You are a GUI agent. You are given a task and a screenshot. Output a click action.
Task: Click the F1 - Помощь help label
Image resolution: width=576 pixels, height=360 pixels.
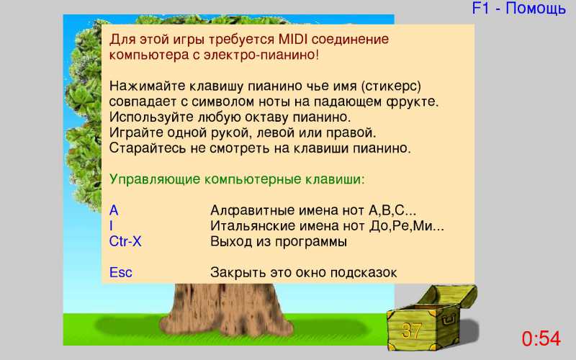[518, 8]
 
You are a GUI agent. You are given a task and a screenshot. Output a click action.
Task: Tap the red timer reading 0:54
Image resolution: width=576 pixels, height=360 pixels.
[541, 338]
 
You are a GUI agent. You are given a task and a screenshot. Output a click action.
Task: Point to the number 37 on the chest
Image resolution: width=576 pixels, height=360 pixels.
[411, 330]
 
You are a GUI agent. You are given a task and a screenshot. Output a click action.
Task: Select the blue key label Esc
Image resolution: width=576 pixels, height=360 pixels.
[120, 273]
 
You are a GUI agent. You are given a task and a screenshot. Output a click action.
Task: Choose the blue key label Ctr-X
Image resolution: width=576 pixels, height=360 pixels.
[125, 241]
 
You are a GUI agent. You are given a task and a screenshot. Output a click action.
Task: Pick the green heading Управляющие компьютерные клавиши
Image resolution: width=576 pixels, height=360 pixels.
[237, 179]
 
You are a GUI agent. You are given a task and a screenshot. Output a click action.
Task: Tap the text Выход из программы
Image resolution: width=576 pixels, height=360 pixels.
[279, 242]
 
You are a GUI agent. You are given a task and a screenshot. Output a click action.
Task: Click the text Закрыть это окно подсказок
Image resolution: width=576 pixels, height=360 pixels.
[303, 273]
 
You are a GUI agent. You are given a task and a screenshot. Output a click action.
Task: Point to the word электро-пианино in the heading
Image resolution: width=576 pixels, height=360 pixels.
[261, 55]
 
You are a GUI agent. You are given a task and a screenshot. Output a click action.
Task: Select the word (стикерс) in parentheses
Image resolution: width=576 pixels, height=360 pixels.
[391, 86]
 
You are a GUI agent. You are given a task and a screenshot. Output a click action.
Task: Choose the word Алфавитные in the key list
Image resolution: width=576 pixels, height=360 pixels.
[251, 210]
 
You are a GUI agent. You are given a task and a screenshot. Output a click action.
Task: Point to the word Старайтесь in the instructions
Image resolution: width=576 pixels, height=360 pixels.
[148, 148]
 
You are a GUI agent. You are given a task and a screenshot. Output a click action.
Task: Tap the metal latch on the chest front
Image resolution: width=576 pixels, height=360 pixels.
[448, 320]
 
